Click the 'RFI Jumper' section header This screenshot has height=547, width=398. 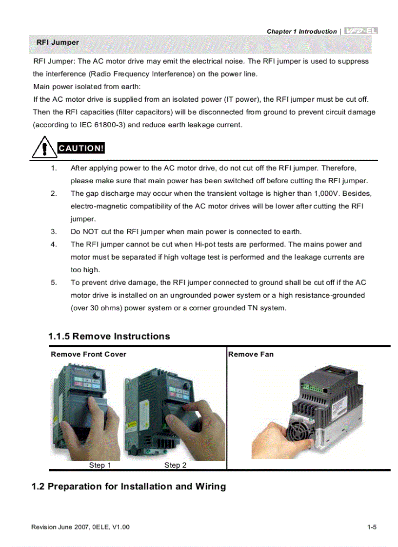tap(58, 42)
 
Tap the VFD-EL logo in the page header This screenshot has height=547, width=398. tap(361, 31)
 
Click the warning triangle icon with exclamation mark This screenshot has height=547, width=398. tap(44, 148)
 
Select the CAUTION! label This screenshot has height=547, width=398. tap(81, 148)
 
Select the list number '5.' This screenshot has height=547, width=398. tap(54, 282)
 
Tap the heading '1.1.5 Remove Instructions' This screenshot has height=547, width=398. tap(109, 336)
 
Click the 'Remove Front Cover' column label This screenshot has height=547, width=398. tap(88, 354)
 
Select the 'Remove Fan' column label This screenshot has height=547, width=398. tap(251, 354)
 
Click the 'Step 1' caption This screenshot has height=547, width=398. tap(100, 465)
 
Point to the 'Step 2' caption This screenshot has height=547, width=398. tap(175, 465)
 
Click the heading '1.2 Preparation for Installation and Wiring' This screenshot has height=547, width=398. tap(129, 486)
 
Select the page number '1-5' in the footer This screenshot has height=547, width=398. tap(372, 527)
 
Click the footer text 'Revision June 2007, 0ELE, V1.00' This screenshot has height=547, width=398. tap(80, 527)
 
